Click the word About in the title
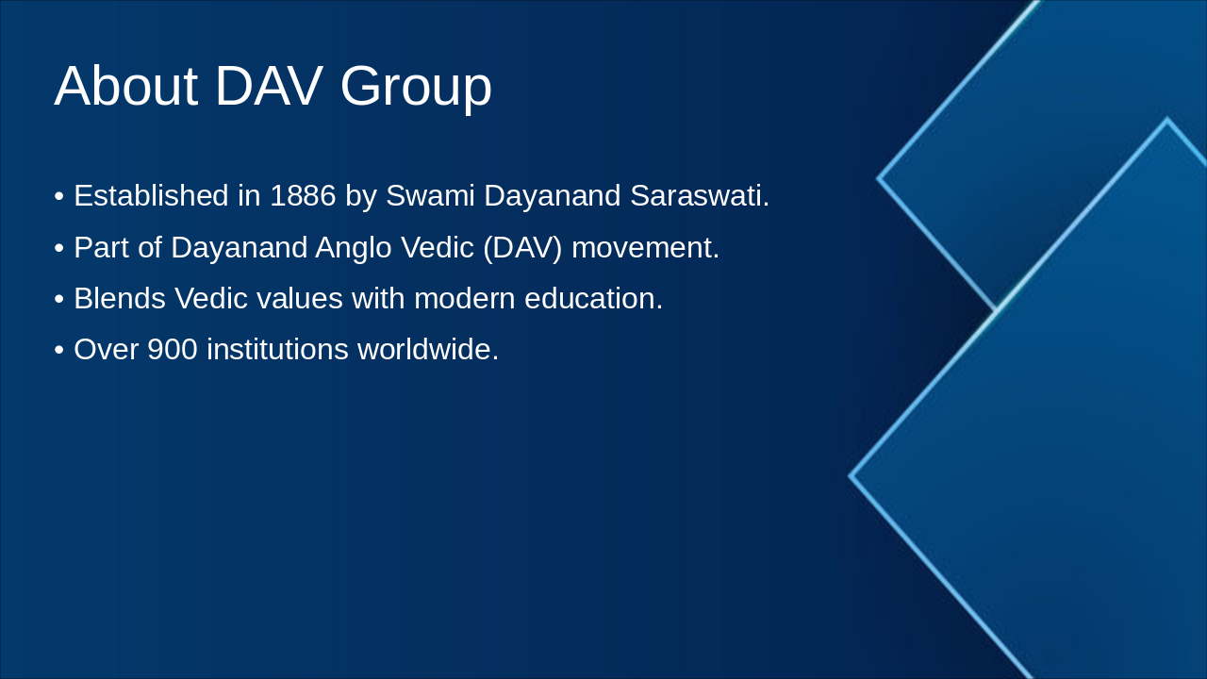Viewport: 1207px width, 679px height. (125, 86)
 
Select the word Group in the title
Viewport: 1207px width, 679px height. (416, 88)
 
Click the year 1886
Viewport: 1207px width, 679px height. (303, 196)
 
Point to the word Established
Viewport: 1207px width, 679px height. (151, 196)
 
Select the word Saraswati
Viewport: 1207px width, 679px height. (699, 196)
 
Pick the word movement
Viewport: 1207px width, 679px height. (645, 248)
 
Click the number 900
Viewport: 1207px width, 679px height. (173, 350)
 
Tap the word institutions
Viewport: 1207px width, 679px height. (277, 350)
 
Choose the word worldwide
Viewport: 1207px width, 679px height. (427, 350)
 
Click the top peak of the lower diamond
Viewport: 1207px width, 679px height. (1166, 121)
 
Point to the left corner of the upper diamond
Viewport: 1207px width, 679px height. (879, 177)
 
